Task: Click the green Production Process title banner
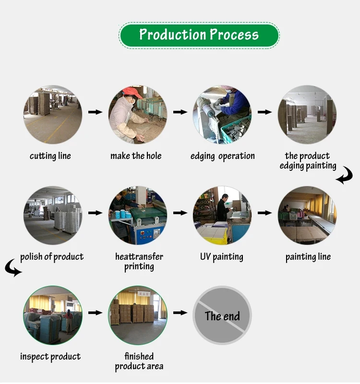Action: point(199,35)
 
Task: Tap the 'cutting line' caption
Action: point(50,156)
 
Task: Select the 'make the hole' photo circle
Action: point(138,115)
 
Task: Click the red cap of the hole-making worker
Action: point(132,91)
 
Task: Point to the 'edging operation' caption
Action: point(223,156)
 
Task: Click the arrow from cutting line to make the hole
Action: point(96,112)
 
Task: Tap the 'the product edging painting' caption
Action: point(308,161)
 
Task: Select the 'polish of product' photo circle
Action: point(53,215)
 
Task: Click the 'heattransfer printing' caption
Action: point(139,262)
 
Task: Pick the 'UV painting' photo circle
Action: point(222,215)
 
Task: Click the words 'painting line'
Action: point(308,257)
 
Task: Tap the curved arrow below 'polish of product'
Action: point(13,268)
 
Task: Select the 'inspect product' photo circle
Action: point(53,315)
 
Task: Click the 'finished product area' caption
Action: point(139,361)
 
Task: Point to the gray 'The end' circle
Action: point(222,315)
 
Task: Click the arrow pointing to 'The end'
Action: point(180,312)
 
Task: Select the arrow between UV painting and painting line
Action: point(264,212)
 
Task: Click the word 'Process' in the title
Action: point(234,35)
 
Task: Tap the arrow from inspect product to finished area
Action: point(96,312)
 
